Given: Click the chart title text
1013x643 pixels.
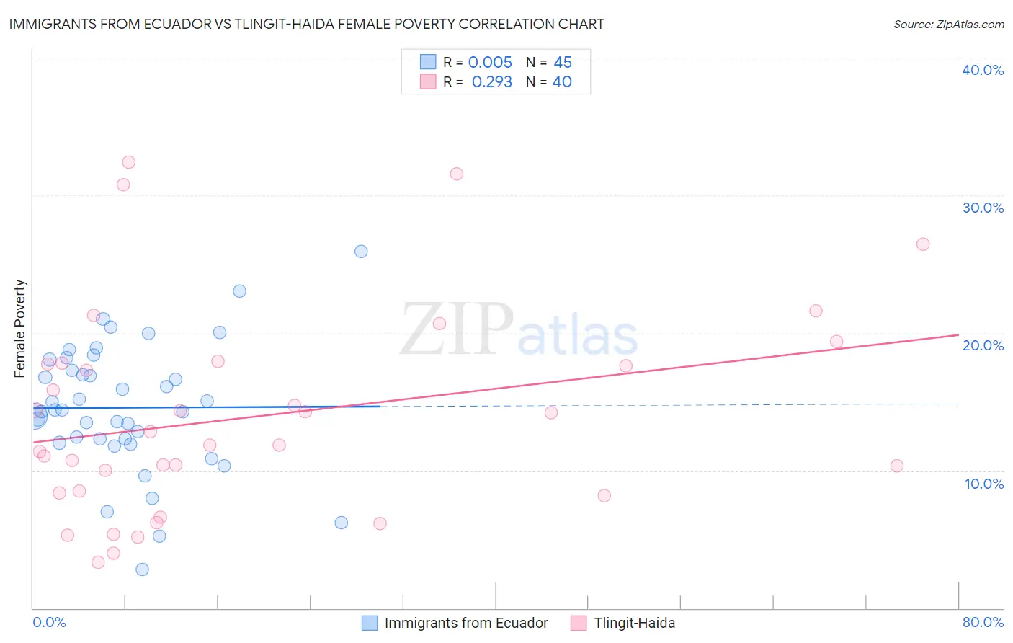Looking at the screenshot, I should coord(306,24).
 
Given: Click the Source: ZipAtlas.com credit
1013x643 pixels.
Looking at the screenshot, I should coord(948,25).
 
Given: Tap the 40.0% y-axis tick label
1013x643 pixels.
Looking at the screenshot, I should coord(983,70).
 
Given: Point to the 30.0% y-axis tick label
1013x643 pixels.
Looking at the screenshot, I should coord(983,208).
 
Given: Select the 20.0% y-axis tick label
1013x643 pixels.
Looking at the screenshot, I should coord(983,345).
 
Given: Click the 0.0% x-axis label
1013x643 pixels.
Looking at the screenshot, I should coord(49,622).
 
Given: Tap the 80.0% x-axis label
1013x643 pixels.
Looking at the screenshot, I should coord(983,622).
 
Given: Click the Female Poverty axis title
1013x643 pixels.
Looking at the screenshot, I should coord(20,329).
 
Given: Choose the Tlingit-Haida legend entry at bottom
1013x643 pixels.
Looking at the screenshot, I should coord(634,623).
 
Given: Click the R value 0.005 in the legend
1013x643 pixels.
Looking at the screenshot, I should coord(490,63).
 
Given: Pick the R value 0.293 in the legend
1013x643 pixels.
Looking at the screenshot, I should coord(491,82).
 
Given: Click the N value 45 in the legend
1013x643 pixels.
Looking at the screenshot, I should coord(562,63).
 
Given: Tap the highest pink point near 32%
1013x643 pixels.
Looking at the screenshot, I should coord(128,162).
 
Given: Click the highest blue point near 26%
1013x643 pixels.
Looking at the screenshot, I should coord(361,252).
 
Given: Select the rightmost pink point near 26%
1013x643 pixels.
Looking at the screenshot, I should coord(923,244).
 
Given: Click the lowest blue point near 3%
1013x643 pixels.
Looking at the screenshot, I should coord(142,569).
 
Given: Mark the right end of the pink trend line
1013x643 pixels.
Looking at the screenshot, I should coord(958,334).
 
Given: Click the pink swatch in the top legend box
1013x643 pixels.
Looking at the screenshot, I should coord(428,82).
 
